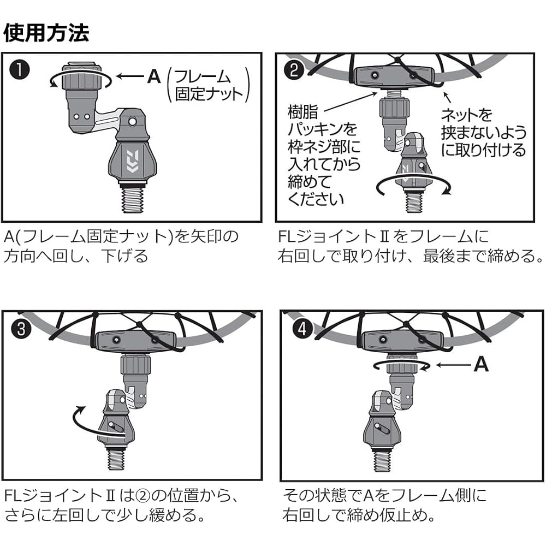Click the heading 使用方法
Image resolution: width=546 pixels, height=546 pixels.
46,33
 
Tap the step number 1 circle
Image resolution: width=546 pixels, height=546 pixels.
20,70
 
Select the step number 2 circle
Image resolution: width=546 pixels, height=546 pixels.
294,70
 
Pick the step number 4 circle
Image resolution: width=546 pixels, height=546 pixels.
302,328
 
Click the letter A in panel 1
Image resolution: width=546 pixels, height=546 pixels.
154,76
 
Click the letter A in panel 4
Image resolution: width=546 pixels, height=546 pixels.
481,364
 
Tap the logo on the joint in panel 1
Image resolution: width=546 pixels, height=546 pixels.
132,161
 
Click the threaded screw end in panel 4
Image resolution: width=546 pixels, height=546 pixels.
382,460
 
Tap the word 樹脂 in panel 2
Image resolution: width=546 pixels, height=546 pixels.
303,112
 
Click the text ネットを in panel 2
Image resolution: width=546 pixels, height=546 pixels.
467,115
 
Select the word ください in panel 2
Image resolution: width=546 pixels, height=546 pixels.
316,199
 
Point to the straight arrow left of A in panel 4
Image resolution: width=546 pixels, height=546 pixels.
452,365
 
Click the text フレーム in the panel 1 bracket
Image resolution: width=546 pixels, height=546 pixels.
203,76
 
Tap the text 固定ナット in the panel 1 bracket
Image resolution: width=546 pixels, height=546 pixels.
209,94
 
